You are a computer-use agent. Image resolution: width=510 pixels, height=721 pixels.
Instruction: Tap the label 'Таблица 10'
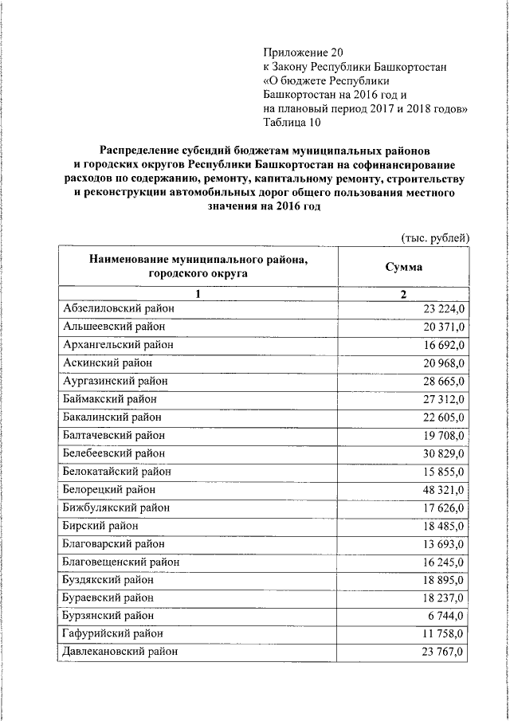pyautogui.click(x=292, y=123)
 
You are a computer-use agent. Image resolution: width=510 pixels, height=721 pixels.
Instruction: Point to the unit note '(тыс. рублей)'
pyautogui.click(x=434, y=237)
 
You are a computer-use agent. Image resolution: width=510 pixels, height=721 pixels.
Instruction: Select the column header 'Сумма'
pyautogui.click(x=404, y=267)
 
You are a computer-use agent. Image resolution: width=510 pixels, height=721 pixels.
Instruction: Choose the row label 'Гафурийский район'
pyautogui.click(x=112, y=633)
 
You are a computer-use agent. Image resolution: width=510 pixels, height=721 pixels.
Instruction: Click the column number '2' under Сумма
pyautogui.click(x=403, y=295)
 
